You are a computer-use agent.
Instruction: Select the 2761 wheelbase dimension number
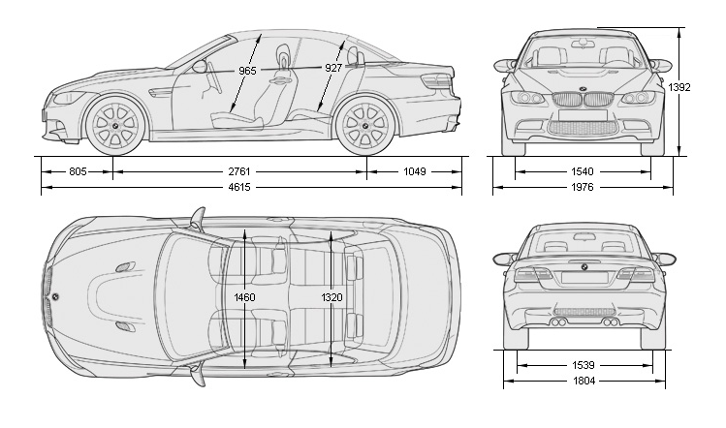(x=239, y=171)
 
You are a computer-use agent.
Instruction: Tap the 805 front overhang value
(x=79, y=171)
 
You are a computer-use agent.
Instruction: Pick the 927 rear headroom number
(x=334, y=70)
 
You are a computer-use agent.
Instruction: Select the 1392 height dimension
(x=680, y=87)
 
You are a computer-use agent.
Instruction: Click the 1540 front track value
(x=583, y=171)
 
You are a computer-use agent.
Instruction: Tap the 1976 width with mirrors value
(x=583, y=187)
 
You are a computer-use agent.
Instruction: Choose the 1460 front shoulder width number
(x=245, y=297)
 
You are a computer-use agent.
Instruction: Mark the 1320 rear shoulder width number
(x=331, y=297)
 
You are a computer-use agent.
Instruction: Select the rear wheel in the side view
(x=365, y=125)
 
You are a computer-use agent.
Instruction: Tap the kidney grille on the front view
(x=583, y=100)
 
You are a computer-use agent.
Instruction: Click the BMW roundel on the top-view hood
(x=55, y=296)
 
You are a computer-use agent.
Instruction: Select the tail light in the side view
(x=441, y=83)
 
